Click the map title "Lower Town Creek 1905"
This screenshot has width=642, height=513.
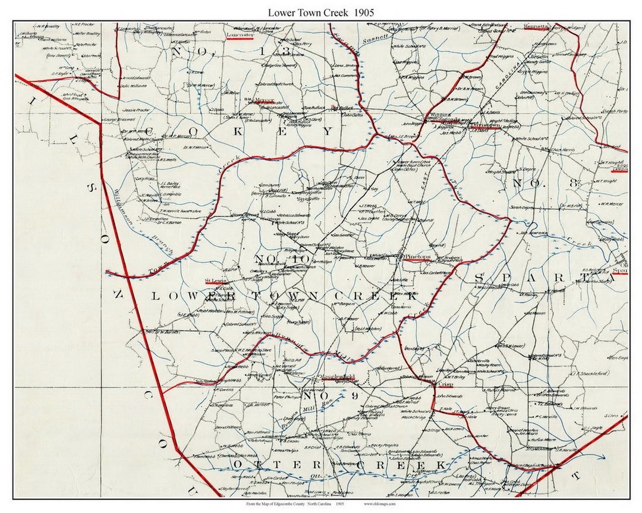pyautogui.click(x=320, y=12)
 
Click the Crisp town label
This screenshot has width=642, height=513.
pyautogui.click(x=446, y=384)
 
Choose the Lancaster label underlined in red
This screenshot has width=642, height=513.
pyautogui.click(x=240, y=35)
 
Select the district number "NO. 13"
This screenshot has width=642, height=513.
pyautogui.click(x=199, y=51)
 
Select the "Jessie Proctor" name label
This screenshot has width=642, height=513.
pyautogui.click(x=136, y=111)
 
